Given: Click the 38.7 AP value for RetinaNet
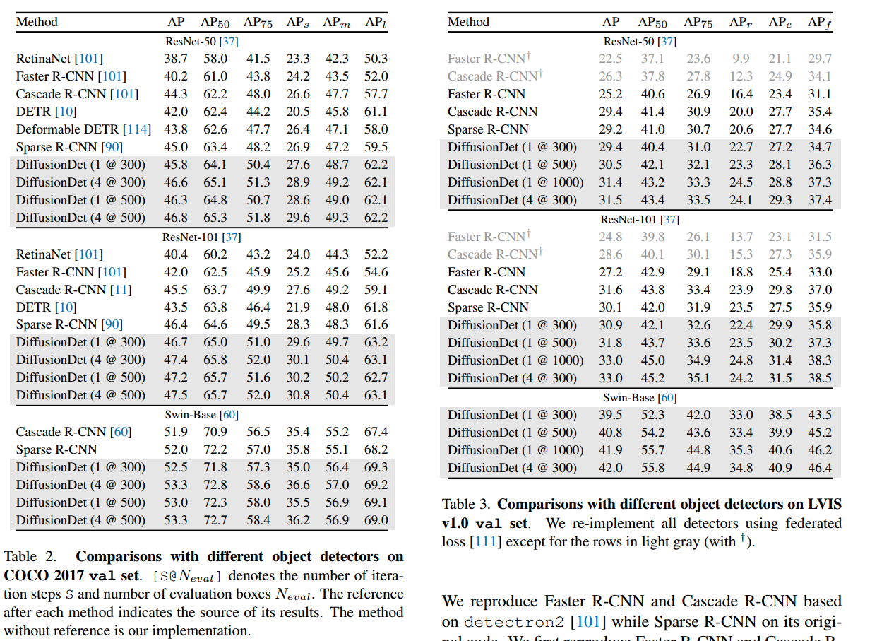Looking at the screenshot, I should click(x=176, y=59).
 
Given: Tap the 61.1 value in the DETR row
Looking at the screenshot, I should click(x=376, y=112).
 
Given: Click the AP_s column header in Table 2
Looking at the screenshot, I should click(x=297, y=23).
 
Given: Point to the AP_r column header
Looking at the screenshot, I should click(x=740, y=23).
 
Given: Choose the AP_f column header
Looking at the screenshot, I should click(x=820, y=23).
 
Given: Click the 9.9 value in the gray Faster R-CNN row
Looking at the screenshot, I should click(x=740, y=59).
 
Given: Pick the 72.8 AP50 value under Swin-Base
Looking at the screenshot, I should click(x=215, y=485).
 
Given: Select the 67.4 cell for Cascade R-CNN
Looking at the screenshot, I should click(x=376, y=432).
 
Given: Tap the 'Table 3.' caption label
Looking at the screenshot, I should click(x=467, y=505).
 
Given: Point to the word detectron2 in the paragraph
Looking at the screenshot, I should click(x=513, y=623).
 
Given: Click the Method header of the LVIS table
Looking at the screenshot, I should click(x=468, y=23).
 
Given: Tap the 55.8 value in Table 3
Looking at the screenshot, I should click(x=651, y=468).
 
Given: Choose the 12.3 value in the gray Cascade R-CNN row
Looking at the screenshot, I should click(x=740, y=76).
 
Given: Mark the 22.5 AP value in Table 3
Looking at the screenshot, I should click(x=610, y=59).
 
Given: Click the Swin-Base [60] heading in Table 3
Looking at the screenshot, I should click(x=640, y=397).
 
